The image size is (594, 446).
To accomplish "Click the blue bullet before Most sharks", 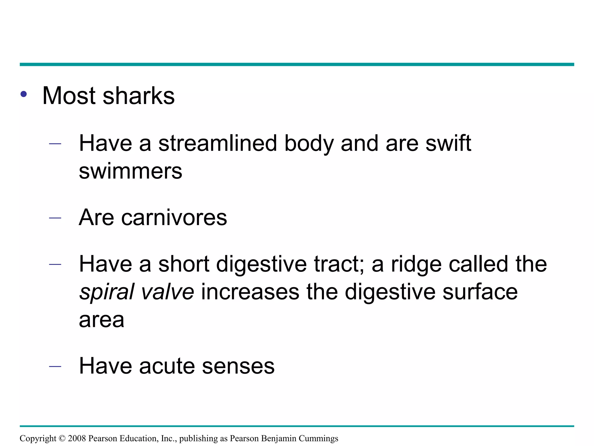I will pos(24,94).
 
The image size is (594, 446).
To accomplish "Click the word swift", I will pos(448,143).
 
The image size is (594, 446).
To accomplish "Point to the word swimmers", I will pos(131,171).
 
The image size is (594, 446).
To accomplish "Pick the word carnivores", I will pos(174,217).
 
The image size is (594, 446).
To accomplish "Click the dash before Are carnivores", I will pos(55,218).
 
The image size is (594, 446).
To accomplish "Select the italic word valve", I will pos(167,292).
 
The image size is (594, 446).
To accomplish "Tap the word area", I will pos(102,320).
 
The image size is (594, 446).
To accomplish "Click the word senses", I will pos(238,366).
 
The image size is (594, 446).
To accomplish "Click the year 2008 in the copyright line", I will pos(77,438).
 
